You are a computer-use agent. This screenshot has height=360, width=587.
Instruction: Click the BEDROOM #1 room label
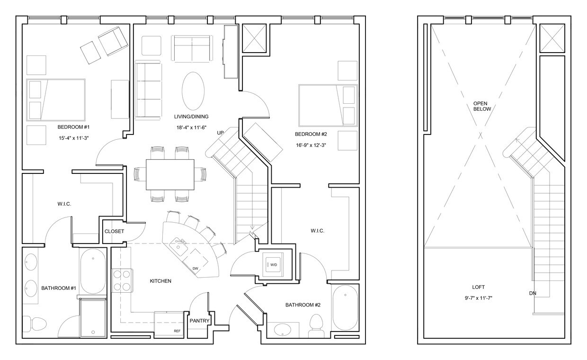coord(70,127)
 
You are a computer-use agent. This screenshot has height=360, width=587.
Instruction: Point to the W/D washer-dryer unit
coord(273,264)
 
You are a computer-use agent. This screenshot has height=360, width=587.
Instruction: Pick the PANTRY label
coord(199,321)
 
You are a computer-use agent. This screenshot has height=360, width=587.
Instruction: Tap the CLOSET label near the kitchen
coord(114,231)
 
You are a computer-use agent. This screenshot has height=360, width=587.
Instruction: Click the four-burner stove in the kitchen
coord(121,279)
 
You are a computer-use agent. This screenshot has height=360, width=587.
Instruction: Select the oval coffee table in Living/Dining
coord(193,91)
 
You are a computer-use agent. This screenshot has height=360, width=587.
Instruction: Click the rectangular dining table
coord(170,174)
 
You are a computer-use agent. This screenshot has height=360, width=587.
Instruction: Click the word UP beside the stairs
coord(220,133)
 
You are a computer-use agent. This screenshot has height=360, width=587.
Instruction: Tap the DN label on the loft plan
coord(533,293)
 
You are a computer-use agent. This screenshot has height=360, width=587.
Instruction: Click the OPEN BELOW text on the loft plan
coord(482,106)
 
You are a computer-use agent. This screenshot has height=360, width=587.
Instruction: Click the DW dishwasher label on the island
coord(195,269)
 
